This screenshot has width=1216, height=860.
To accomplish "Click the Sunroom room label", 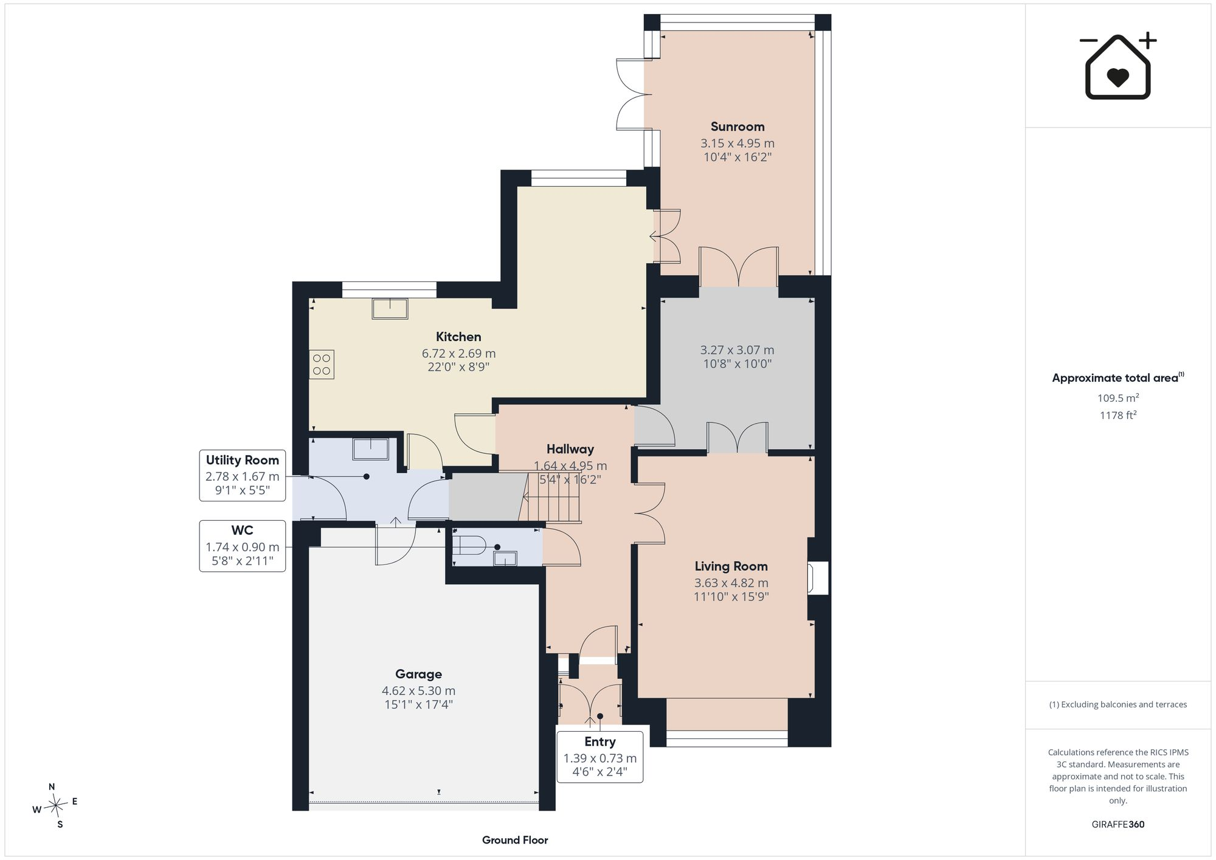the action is click(738, 126).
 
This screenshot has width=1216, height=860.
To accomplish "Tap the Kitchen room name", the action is click(458, 337).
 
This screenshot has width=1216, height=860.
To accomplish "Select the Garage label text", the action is click(418, 674).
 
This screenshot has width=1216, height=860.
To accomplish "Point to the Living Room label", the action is click(731, 566).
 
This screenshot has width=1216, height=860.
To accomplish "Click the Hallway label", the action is click(570, 449).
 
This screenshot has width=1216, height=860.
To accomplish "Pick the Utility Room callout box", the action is click(243, 475).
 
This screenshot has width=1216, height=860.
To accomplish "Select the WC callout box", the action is click(243, 546).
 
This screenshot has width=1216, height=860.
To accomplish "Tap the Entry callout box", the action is click(600, 757).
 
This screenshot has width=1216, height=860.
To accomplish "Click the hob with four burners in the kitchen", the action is click(322, 365).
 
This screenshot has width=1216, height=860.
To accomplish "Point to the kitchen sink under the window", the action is click(390, 309).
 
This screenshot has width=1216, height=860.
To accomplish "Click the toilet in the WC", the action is click(468, 545).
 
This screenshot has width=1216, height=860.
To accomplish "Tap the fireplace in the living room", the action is click(818, 577).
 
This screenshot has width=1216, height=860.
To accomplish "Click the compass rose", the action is click(55, 806).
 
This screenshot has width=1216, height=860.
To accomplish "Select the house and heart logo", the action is click(1118, 66).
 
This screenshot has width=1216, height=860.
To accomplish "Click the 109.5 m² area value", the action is click(1118, 398).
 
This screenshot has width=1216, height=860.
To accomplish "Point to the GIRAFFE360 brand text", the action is click(1118, 825).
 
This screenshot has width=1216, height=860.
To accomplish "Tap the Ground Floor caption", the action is click(515, 840).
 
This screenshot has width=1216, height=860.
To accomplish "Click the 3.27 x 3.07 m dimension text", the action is click(738, 350).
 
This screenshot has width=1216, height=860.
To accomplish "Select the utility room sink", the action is click(370, 449).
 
